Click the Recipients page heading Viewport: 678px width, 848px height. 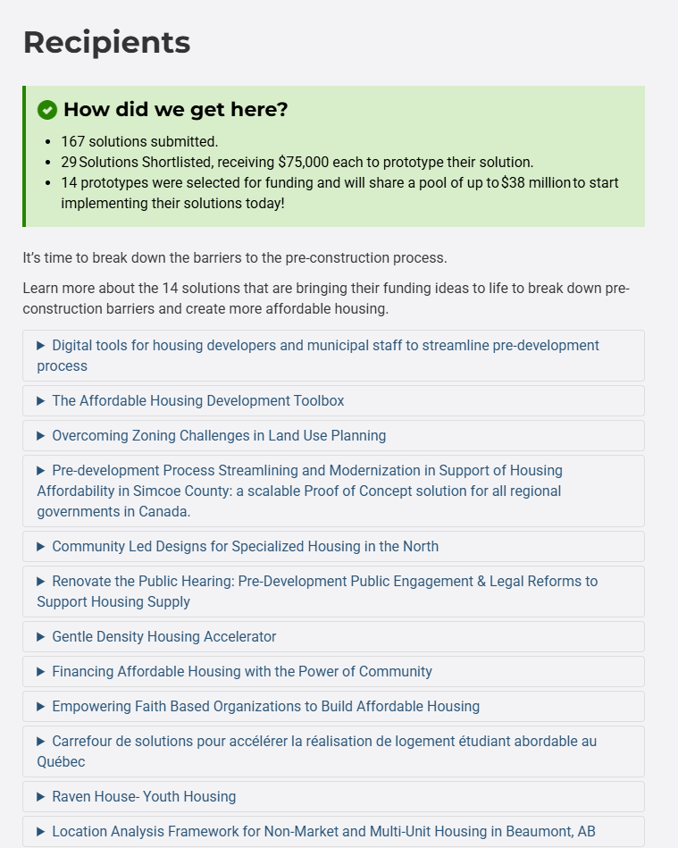(x=106, y=42)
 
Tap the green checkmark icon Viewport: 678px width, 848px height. (x=47, y=110)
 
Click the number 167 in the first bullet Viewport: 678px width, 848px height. (x=73, y=141)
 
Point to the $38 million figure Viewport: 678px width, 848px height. (x=536, y=182)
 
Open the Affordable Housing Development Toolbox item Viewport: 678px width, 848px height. (x=197, y=400)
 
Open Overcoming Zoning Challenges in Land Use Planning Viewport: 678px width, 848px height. (x=219, y=435)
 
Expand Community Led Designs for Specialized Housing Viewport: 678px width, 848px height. (x=245, y=546)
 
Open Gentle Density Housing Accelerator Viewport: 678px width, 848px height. (x=163, y=636)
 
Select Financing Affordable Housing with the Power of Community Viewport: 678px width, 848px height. (x=241, y=671)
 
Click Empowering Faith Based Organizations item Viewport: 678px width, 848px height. (x=265, y=706)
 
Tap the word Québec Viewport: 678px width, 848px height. (x=62, y=761)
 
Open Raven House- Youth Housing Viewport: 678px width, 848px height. (x=144, y=796)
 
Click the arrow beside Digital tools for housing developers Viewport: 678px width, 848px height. (x=41, y=345)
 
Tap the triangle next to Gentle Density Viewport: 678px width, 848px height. (x=41, y=636)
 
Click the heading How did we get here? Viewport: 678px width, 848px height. (x=175, y=110)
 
